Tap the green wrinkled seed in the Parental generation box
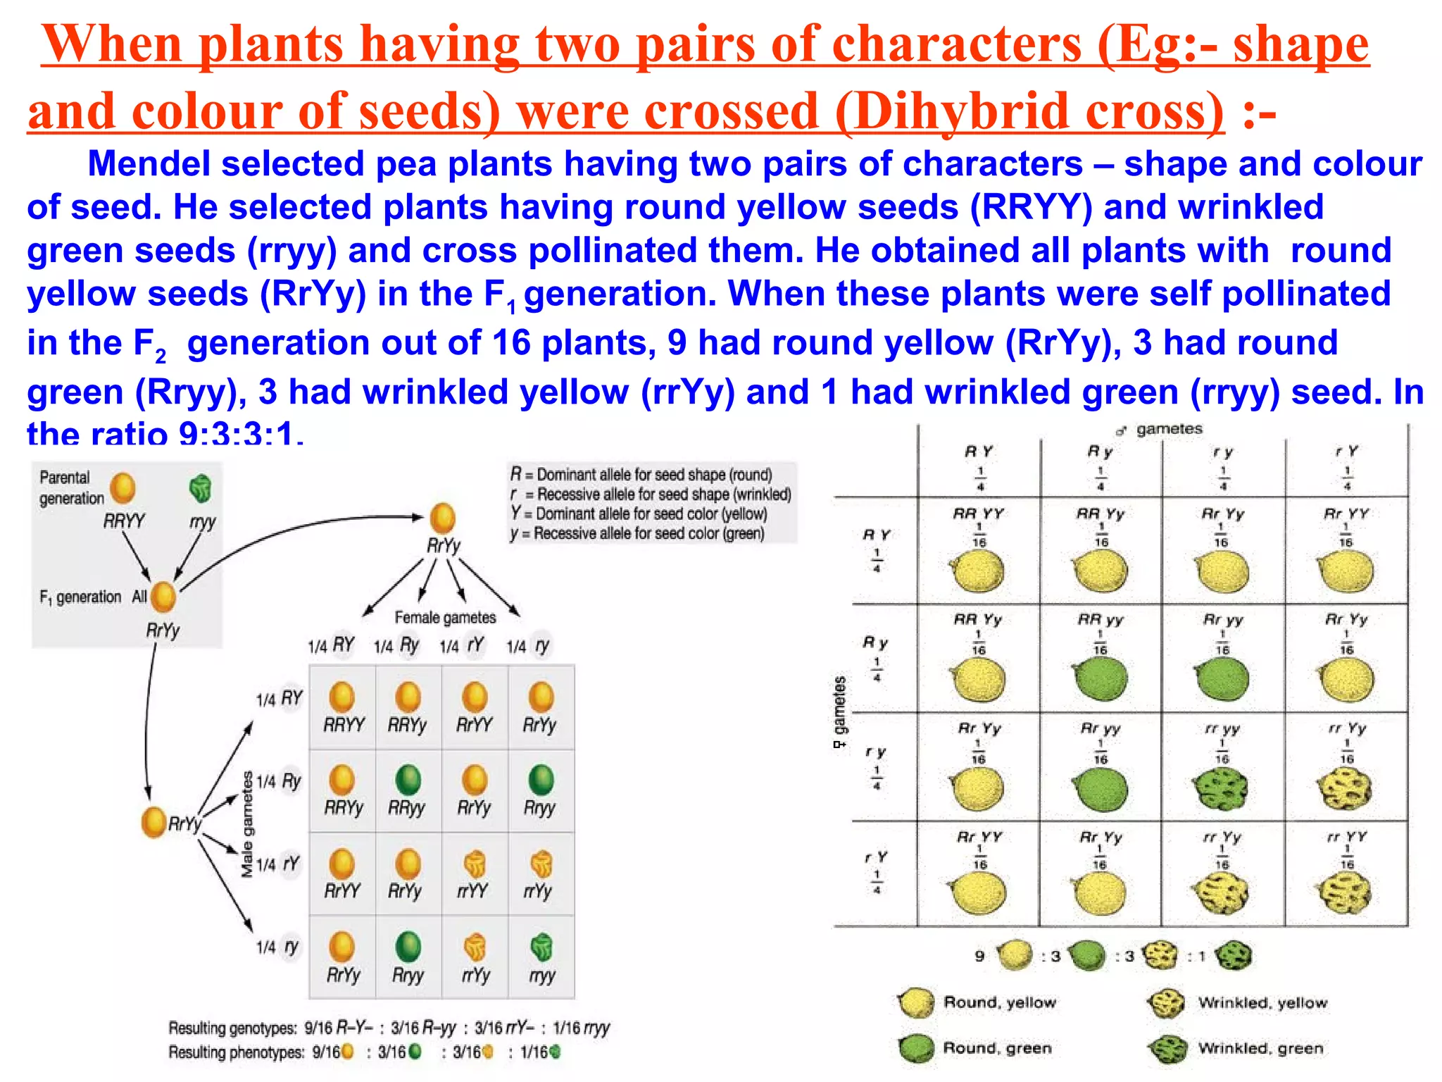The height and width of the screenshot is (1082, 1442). click(x=201, y=488)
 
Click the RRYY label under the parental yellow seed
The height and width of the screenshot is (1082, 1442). click(x=124, y=521)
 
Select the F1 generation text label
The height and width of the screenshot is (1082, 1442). click(x=80, y=597)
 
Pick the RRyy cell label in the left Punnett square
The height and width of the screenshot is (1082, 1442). click(x=407, y=808)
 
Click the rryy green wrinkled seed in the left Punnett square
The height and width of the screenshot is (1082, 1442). click(x=541, y=947)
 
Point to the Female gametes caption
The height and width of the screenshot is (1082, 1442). click(x=445, y=618)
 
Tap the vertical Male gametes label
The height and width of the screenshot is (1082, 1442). click(x=247, y=824)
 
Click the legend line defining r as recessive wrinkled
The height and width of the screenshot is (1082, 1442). click(x=651, y=495)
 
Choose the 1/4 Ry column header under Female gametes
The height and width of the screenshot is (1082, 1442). click(x=396, y=645)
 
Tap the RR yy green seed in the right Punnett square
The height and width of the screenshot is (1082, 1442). click(x=1101, y=678)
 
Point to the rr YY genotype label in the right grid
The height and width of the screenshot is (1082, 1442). click(x=1346, y=838)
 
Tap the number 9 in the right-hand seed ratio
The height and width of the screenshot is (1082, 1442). click(x=979, y=956)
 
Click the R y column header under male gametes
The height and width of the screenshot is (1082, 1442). click(x=1101, y=452)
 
